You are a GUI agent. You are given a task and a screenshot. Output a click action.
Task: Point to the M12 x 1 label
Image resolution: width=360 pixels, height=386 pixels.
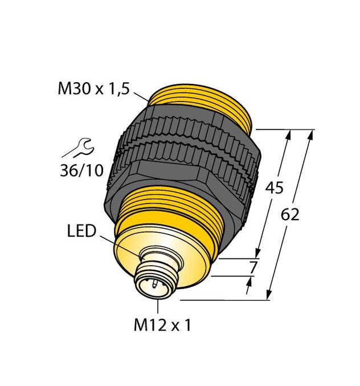point(162,326)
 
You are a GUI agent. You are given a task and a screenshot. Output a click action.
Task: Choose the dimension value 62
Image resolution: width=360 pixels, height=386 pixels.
point(291,215)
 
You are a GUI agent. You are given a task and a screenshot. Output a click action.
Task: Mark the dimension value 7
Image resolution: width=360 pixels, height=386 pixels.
point(254,266)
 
